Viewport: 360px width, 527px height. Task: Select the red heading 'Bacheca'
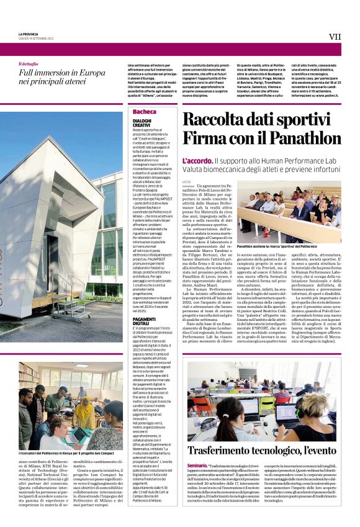click(145, 111)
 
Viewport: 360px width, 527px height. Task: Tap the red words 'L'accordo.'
click(197, 161)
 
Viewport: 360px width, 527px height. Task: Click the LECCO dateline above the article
click(187, 181)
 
